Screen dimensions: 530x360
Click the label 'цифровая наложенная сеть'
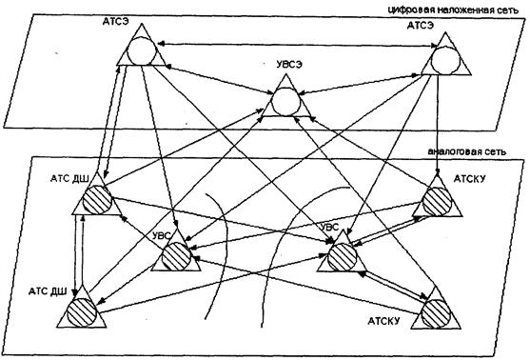pos(453,10)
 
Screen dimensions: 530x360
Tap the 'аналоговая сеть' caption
pos(467,151)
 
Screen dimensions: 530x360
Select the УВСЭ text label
pos(289,65)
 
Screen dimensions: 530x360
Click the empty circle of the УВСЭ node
pos(286,102)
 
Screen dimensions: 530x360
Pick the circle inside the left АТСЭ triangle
pos(142,50)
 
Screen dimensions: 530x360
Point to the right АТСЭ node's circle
pos(445,60)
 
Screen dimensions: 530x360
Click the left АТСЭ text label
pos(116,21)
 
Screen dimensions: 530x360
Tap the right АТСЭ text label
pos(421,26)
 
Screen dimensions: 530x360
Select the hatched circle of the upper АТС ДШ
pos(97,200)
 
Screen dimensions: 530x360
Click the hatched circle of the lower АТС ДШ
pos(82,313)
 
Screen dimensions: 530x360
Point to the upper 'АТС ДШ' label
pos(69,178)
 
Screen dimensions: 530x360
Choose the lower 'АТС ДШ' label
pos(48,291)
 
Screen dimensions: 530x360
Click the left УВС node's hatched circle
pos(176,256)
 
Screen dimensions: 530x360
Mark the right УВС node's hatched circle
pos(342,256)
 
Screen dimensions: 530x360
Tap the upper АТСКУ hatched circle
pos(437,202)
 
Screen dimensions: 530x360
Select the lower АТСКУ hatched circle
pos(436,313)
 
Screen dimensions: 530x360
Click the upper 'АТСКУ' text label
pos(469,179)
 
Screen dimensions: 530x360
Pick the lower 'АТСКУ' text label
pos(383,321)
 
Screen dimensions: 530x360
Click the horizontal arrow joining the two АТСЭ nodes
pos(298,45)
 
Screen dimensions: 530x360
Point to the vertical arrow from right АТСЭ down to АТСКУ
pos(439,124)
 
